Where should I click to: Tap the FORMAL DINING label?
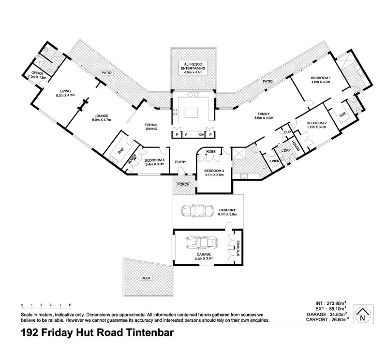coord(151,127)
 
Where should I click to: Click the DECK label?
coord(146,278)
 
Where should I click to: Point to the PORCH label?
coord(183,185)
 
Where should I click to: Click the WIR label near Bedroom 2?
coord(343,115)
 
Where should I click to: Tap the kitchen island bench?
coord(193,112)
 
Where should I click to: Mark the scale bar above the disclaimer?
coord(46,305)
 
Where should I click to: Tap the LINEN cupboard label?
coord(275,160)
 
